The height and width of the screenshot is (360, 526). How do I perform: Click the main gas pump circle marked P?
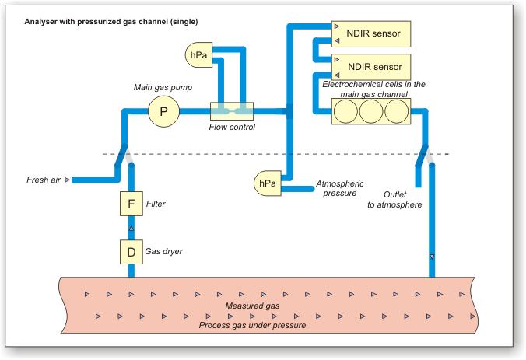[x=163, y=111]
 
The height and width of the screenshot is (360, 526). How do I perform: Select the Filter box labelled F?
[x=131, y=204]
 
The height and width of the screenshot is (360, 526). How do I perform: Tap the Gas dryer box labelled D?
[x=131, y=251]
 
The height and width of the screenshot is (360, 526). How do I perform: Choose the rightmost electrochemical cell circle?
[x=395, y=111]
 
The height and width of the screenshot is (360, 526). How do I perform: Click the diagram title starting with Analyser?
[x=99, y=16]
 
